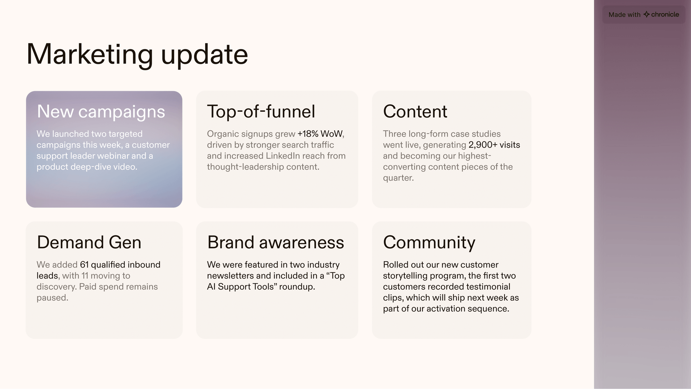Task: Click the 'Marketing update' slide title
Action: coord(137,54)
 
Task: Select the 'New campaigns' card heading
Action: coord(101,111)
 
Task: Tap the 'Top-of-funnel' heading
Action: coord(261,111)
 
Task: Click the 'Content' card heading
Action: coord(415,111)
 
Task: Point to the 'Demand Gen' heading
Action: coord(89,242)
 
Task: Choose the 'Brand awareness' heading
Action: coord(275,242)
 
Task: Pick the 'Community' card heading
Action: coord(429,242)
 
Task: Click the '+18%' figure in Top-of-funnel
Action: coord(308,134)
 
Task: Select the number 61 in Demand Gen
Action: coord(84,265)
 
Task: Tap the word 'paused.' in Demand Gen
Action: coord(52,298)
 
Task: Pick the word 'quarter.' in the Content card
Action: coord(398,178)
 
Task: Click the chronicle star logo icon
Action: coord(646,15)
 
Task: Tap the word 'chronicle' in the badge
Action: coord(665,15)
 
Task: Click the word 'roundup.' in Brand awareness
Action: coord(297,287)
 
